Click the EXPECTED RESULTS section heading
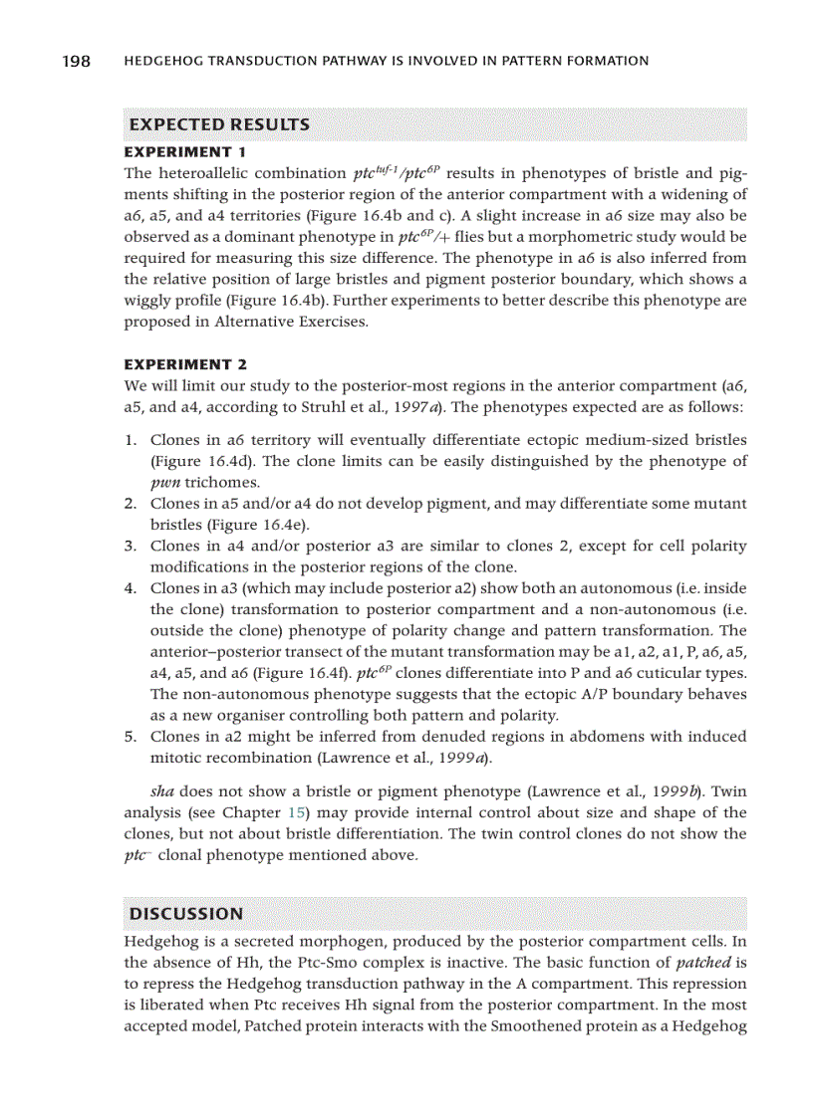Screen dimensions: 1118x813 (x=219, y=125)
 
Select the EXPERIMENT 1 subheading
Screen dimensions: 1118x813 (x=184, y=152)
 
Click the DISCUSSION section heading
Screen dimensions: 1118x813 (x=186, y=914)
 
